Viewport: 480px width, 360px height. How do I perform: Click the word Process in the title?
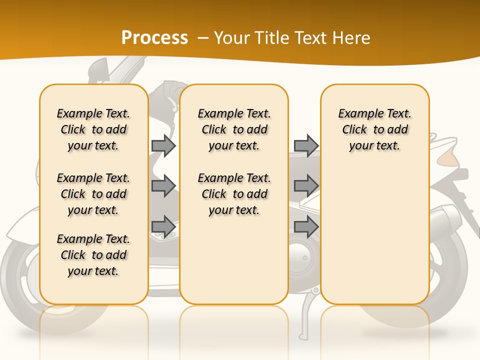[154, 38]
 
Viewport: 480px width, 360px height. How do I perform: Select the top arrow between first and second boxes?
[163, 145]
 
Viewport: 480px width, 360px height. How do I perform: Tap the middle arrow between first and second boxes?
[163, 186]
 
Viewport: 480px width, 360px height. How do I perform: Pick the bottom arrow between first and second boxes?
[163, 226]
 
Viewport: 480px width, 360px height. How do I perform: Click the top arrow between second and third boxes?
[306, 145]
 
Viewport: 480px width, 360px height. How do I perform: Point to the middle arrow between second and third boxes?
[306, 186]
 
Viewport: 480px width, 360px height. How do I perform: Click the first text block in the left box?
[93, 129]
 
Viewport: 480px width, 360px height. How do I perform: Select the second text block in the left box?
[93, 194]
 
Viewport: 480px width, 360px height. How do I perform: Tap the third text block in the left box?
[93, 255]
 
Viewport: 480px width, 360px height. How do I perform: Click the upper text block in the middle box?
[234, 129]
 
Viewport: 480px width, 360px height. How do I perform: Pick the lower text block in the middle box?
[234, 194]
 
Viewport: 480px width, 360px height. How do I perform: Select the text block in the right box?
[374, 129]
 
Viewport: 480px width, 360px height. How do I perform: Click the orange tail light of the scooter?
[446, 158]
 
